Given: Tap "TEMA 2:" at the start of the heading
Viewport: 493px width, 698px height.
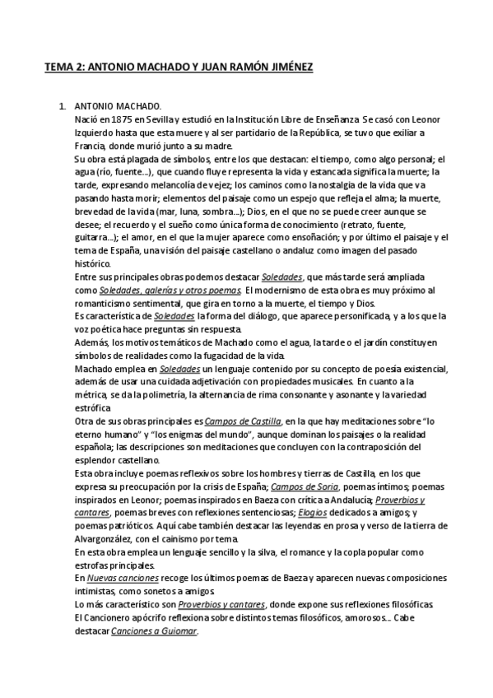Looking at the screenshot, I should [63, 69].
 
